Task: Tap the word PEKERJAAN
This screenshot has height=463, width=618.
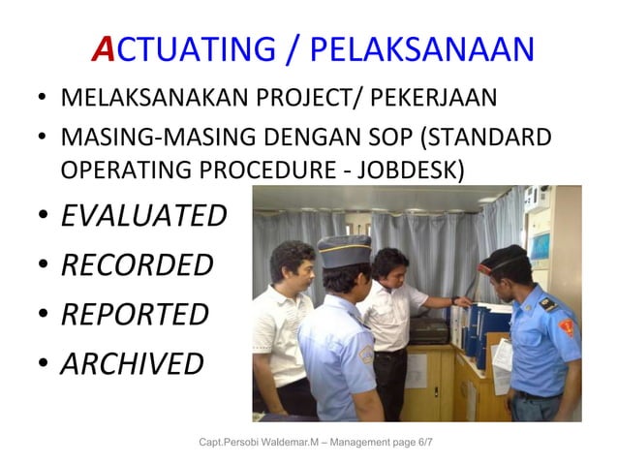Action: point(456,99)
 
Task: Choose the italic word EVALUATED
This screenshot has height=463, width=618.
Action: point(143,215)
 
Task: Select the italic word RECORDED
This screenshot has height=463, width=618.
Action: point(136,264)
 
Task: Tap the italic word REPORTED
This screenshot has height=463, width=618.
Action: point(135,314)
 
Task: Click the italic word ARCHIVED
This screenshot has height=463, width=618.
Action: point(132,363)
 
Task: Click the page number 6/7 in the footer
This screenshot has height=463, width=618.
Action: point(425,443)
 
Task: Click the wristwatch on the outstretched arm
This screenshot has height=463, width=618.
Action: point(454,301)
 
